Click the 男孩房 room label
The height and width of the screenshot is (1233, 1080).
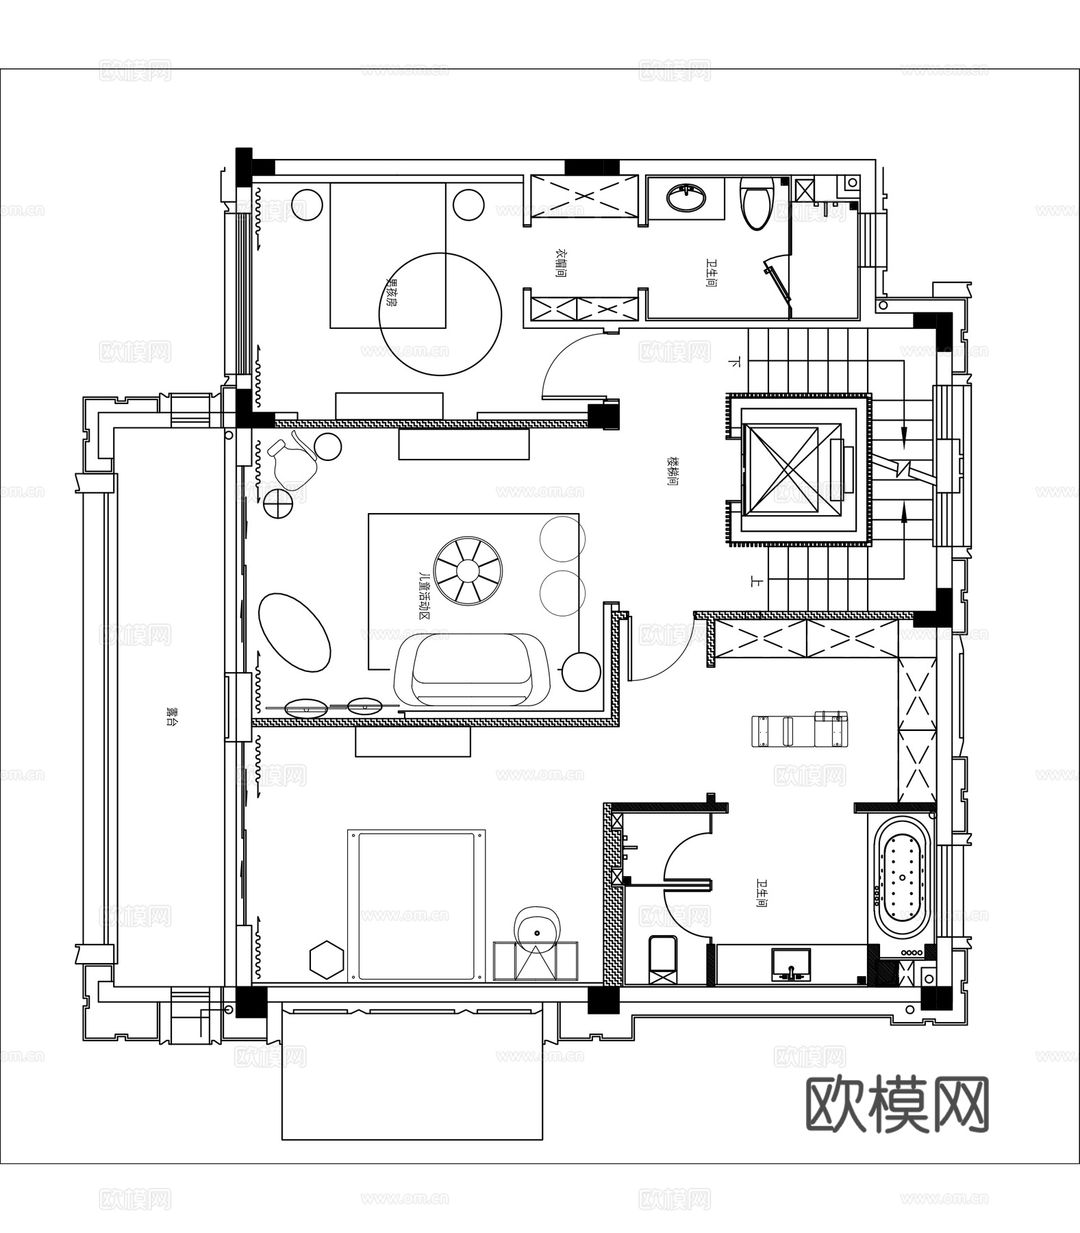click(x=392, y=292)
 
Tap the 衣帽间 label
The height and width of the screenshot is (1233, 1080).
click(x=560, y=263)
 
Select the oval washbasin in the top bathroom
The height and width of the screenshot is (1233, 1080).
click(x=686, y=198)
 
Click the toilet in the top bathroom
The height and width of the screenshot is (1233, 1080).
click(x=757, y=203)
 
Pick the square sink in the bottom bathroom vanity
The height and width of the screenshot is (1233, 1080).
click(x=791, y=964)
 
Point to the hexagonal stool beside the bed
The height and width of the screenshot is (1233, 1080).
click(x=326, y=959)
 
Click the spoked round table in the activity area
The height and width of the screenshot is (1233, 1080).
click(x=469, y=570)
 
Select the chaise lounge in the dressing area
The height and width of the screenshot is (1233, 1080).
click(x=799, y=730)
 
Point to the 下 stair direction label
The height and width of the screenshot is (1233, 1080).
click(x=736, y=361)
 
